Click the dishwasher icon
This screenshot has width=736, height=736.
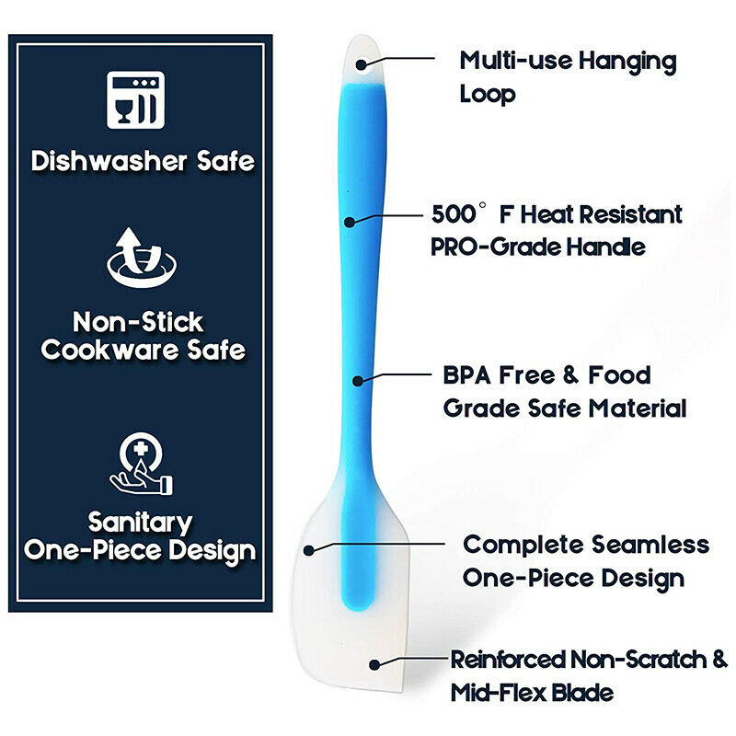(135, 100)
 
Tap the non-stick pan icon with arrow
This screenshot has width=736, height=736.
(142, 258)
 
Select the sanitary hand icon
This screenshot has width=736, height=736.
(141, 464)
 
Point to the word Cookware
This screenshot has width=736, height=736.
(109, 351)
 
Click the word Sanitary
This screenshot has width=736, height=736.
(141, 523)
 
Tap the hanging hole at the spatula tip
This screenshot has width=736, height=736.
(362, 63)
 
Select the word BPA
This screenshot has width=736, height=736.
(466, 375)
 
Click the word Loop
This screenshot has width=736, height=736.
(488, 95)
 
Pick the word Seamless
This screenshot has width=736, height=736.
(650, 545)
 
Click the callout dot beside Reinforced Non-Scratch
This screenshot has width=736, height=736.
(374, 664)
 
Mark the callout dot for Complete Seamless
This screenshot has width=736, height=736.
(309, 550)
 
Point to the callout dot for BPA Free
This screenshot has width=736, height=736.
(358, 380)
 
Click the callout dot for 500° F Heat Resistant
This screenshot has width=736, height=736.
(350, 222)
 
